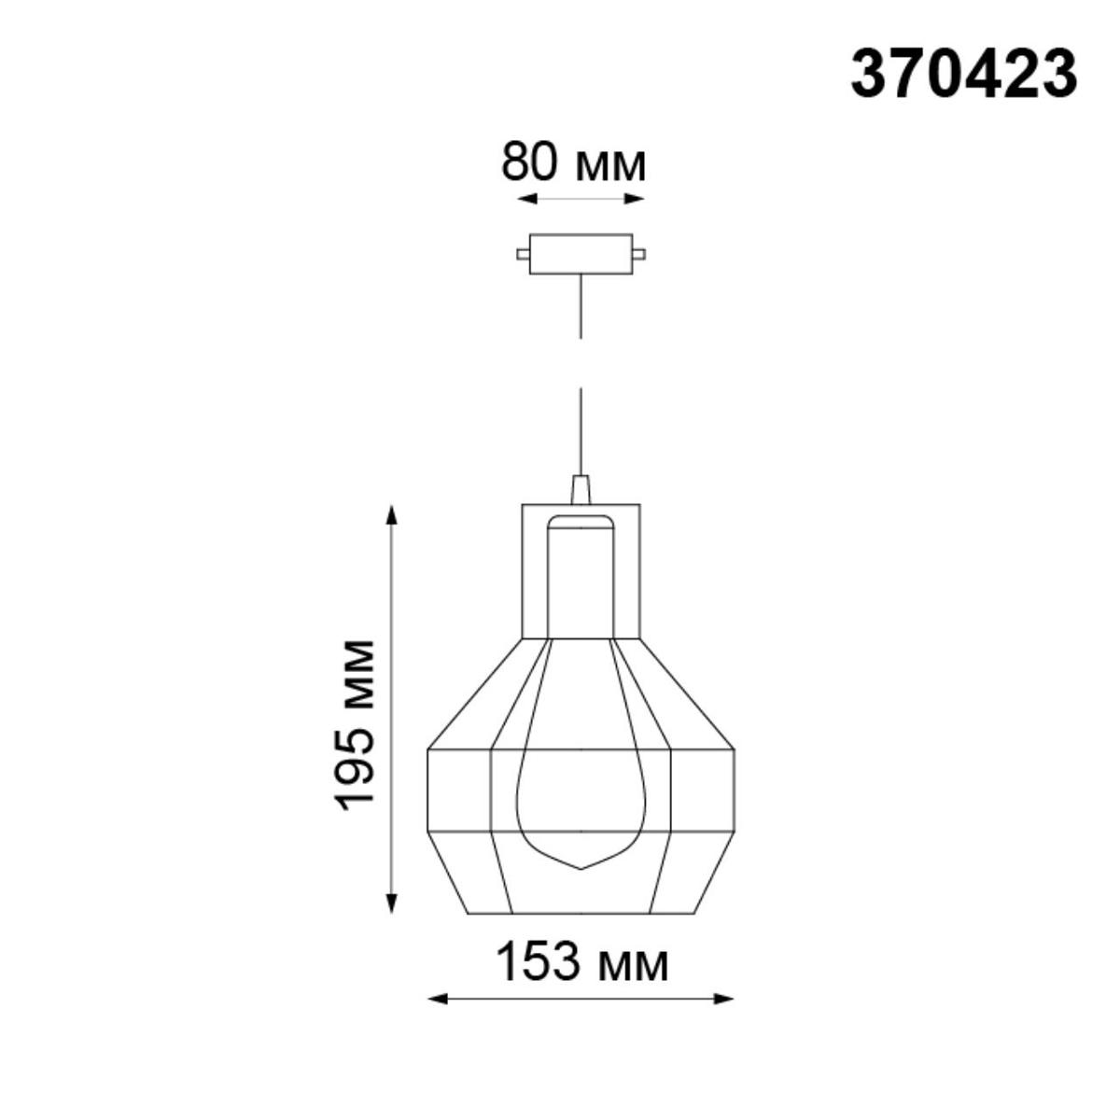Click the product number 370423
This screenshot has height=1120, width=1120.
pyautogui.click(x=963, y=75)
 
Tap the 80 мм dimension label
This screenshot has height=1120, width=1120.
pyautogui.click(x=573, y=163)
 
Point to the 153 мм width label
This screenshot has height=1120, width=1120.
pyautogui.click(x=581, y=962)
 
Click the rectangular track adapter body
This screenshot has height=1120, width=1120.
pyautogui.click(x=581, y=253)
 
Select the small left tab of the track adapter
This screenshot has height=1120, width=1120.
pyautogui.click(x=523, y=253)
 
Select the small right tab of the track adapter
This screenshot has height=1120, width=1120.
pyautogui.click(x=639, y=253)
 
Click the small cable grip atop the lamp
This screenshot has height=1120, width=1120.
pyautogui.click(x=581, y=490)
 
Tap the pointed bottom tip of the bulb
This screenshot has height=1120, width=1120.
pyautogui.click(x=581, y=868)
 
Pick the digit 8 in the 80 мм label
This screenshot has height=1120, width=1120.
pyautogui.click(x=516, y=163)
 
